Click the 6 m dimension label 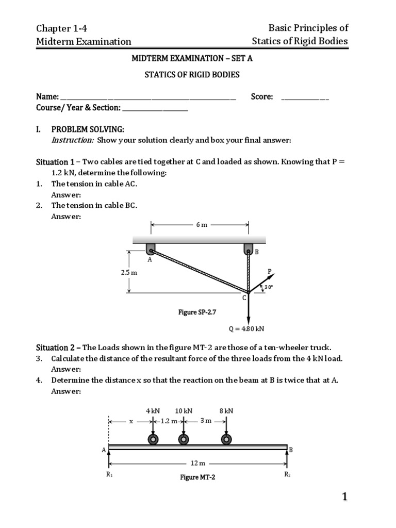(x=201, y=225)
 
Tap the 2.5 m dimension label (x=129, y=272)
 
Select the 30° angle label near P (x=268, y=287)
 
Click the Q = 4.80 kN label (x=246, y=328)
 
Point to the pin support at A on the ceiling (x=151, y=249)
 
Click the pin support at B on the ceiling (x=248, y=249)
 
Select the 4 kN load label (x=153, y=411)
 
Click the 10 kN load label (x=184, y=411)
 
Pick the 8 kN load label (x=226, y=411)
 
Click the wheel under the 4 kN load (x=153, y=439)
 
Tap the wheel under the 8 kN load (x=226, y=439)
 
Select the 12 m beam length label (x=198, y=464)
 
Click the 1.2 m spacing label (x=169, y=421)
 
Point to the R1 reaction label (x=109, y=475)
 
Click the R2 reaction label (x=287, y=474)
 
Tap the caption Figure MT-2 (x=197, y=477)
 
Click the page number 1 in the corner (x=345, y=497)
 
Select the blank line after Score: (x=305, y=97)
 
